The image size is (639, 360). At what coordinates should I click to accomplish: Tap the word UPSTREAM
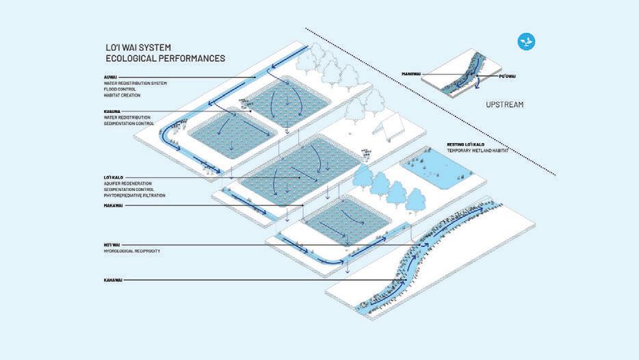coord(504,105)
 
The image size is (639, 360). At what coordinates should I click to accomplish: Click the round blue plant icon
coord(526,42)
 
